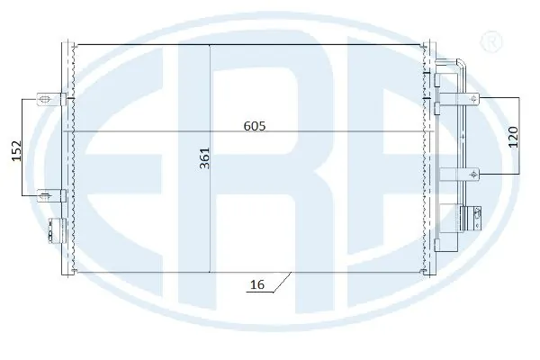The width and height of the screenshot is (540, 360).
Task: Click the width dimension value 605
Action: [255, 126]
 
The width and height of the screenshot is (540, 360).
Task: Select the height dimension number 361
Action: [205, 158]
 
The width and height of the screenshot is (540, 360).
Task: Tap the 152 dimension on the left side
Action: [16, 150]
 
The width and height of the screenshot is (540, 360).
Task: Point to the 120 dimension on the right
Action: [513, 137]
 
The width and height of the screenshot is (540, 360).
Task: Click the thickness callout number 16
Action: [257, 284]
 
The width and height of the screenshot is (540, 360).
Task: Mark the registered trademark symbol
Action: [491, 41]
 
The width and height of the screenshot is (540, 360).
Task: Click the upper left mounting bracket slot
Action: [45, 100]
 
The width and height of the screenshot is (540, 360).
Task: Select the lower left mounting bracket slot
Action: [45, 196]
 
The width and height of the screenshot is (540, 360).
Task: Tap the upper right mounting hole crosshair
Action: [474, 98]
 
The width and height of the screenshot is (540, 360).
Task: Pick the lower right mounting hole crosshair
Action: [474, 175]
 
